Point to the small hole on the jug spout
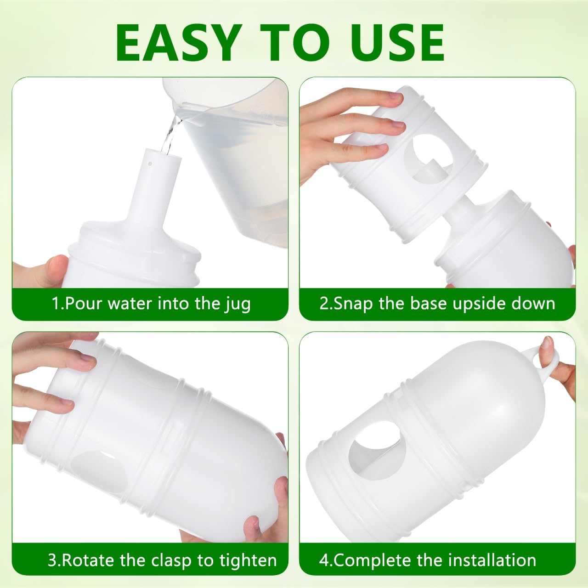point(150,164)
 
